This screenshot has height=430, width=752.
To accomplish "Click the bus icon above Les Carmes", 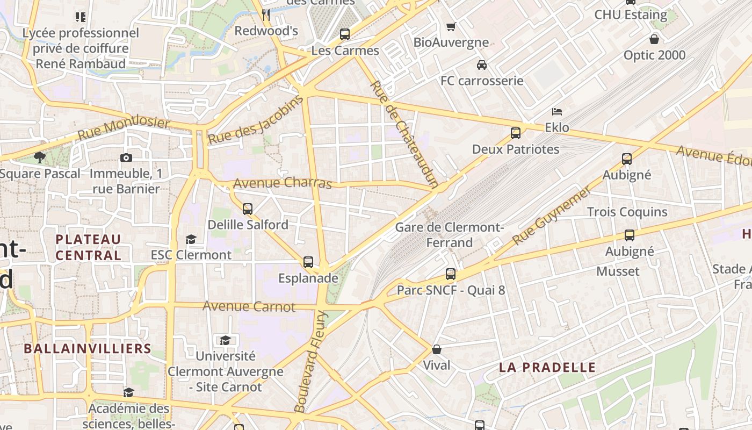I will pos(345,34).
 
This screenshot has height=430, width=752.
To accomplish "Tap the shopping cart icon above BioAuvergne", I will pos(451,26).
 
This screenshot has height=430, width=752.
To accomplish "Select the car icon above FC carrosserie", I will pos(482,65).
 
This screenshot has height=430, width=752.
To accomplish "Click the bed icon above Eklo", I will pos(557,112).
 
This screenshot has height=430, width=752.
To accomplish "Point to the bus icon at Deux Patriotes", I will pos(516,133).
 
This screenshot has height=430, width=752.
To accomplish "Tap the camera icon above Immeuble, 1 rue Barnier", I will pos(126,157).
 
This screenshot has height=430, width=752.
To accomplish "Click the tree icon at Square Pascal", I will pos(39,157).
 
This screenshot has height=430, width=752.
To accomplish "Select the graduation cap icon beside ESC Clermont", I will pos(191,239).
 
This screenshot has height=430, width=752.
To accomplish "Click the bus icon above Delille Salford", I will pos(248,209).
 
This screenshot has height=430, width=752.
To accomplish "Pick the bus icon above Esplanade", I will pos(308,262).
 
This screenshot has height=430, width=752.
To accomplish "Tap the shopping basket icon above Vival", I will pos(437,349).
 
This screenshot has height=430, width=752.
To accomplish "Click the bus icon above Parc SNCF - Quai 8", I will pos(451,274).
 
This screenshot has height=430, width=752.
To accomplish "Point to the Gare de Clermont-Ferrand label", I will pos(449,235).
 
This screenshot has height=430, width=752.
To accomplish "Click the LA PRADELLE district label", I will pos(547,368).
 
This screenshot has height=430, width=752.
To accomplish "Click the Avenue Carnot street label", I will pos(249,307).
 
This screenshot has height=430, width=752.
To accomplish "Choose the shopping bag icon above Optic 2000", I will pos(654,39).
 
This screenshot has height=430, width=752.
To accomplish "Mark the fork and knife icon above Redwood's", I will pos(266,15).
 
